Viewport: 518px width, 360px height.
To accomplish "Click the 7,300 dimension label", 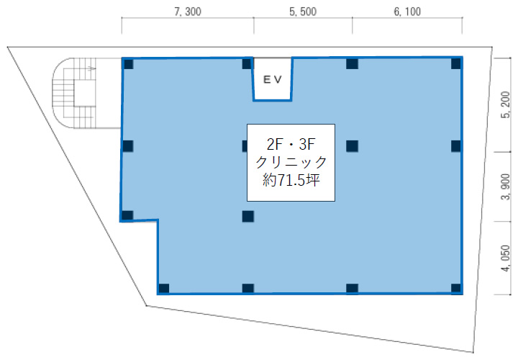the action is (x=188, y=12).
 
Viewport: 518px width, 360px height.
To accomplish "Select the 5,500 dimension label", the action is (x=303, y=12).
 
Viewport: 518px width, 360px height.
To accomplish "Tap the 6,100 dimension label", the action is (x=407, y=12).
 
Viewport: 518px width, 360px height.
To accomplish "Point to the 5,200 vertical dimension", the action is (x=506, y=105).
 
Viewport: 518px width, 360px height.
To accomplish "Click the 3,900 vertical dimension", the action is (x=506, y=186).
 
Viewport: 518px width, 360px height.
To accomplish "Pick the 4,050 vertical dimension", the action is (x=506, y=258).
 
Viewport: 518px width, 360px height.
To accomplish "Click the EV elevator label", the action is (x=273, y=79).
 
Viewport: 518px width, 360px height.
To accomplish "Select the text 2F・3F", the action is (x=291, y=144).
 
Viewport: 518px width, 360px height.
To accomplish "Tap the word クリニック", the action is (x=291, y=162).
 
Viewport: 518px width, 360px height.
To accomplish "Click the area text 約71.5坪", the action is (x=291, y=181).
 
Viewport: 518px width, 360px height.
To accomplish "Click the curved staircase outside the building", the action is (x=74, y=93).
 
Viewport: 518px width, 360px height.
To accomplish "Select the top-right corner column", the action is (x=456, y=63).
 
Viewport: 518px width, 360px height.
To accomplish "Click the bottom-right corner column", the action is (x=456, y=288).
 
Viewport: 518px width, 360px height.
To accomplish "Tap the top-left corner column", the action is (x=128, y=64).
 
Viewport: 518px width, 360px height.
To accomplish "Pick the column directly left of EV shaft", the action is (x=247, y=64).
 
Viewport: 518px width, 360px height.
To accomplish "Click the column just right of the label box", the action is (x=352, y=145).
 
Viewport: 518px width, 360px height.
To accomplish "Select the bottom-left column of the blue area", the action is (x=164, y=288).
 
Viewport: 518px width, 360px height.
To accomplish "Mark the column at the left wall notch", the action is (x=127, y=215).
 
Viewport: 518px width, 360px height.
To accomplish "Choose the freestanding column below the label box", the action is (x=247, y=217).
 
